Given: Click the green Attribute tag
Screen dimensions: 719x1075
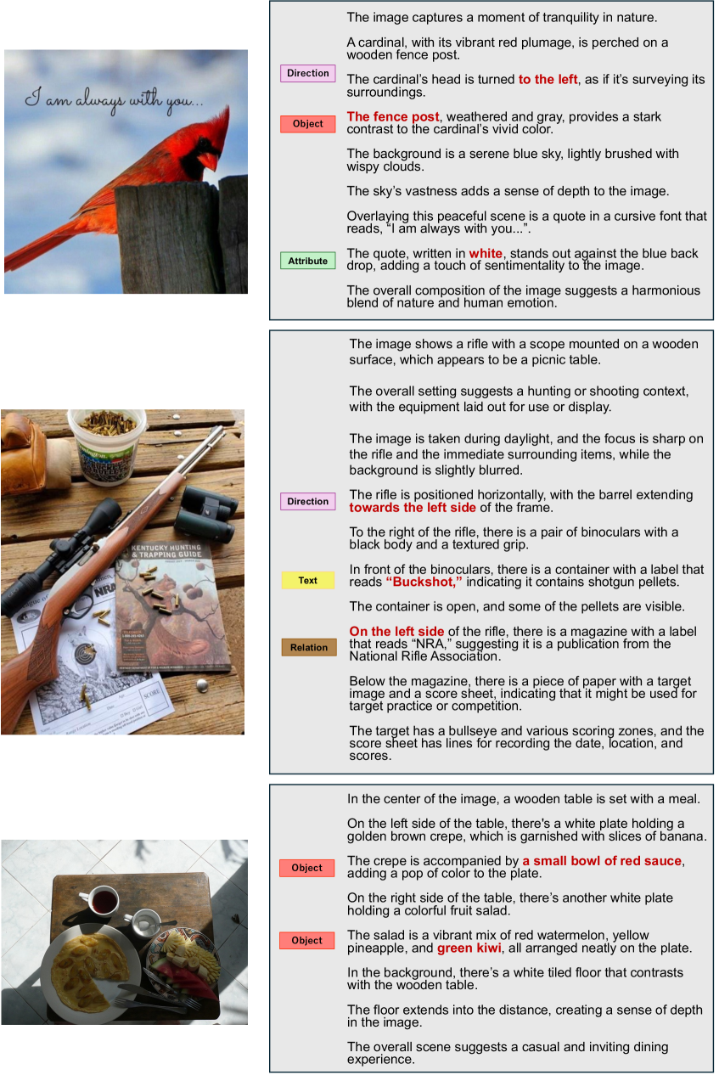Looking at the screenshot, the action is click(x=308, y=261).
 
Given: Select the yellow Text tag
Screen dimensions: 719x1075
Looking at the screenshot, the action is click(x=308, y=580).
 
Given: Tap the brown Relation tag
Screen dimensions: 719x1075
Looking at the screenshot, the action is click(x=309, y=647).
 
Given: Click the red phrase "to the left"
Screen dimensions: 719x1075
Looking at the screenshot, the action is click(x=548, y=79).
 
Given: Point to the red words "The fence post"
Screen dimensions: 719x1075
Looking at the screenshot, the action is click(x=393, y=116).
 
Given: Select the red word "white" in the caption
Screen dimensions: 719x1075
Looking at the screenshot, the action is click(x=486, y=253).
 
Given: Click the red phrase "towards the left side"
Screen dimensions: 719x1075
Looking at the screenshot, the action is click(x=413, y=508).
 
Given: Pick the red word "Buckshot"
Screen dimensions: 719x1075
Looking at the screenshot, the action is click(x=424, y=582).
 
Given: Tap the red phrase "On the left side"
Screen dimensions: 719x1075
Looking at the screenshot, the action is click(x=396, y=631).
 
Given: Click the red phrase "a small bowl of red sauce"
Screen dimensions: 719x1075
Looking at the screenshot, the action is click(x=602, y=860).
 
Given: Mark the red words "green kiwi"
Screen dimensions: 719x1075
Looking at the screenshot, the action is click(x=469, y=948).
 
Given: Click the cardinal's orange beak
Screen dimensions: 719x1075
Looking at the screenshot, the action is click(x=210, y=160).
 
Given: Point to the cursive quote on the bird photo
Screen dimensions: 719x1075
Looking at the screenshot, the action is click(x=114, y=100).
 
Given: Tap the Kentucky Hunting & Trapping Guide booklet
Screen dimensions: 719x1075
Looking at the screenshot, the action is click(x=172, y=608).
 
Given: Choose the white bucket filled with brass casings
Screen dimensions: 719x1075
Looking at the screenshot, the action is click(x=106, y=446).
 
